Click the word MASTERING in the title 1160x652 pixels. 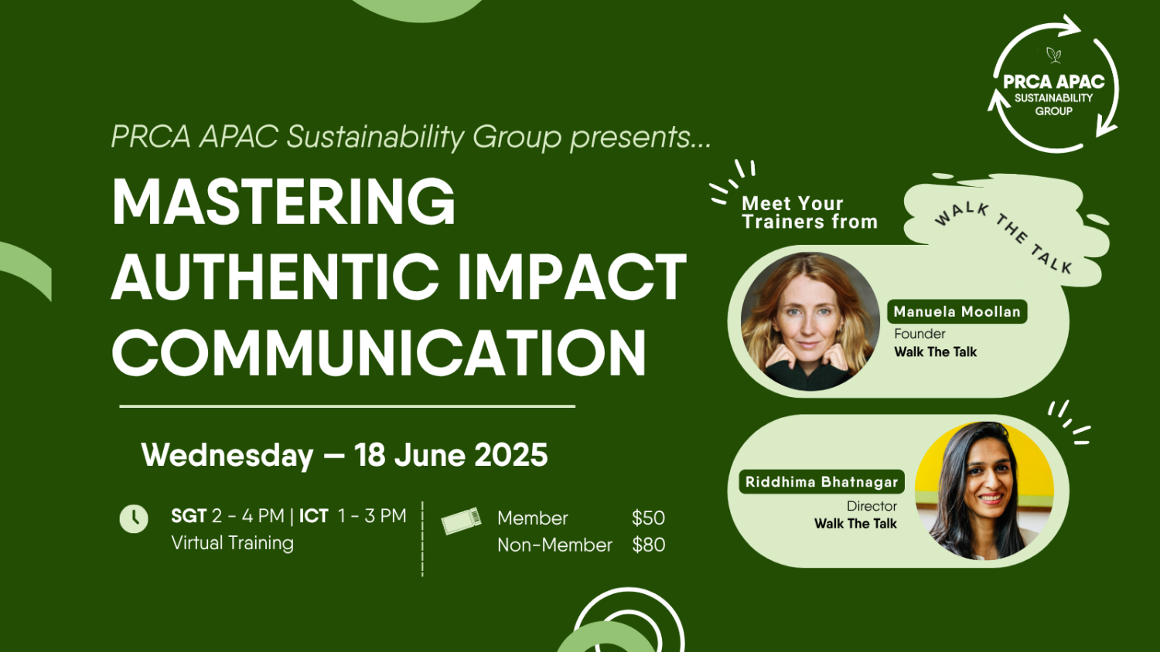pos(284,202)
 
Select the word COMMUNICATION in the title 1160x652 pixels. pos(379,352)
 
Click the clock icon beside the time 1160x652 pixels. pos(134,519)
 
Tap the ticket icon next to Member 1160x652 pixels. pos(461,521)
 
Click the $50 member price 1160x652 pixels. pos(648,518)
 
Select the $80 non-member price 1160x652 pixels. pos(648,545)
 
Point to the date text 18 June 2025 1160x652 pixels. pos(451,455)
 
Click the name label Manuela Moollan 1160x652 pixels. pos(957,311)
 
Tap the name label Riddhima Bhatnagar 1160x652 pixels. pos(821,482)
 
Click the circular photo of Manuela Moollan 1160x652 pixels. pos(810,321)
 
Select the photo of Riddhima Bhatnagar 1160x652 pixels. pos(984,491)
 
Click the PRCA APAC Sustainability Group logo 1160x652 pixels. pos(1054,86)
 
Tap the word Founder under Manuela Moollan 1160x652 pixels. pos(919,334)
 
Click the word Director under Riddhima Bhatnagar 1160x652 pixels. pos(872,506)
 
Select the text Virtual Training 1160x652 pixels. pos(233,543)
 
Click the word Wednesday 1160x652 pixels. pos(227,455)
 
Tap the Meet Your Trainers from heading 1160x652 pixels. pos(809,212)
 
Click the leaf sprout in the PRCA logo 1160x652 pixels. pos(1053,55)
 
